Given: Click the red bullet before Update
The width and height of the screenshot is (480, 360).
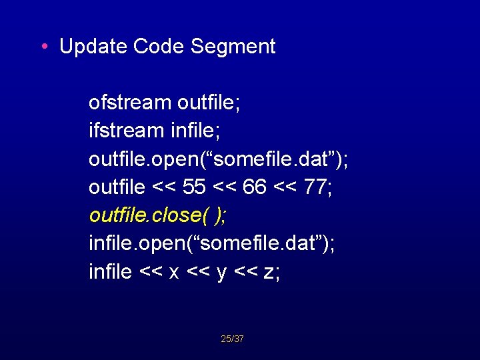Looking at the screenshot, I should point(43,47).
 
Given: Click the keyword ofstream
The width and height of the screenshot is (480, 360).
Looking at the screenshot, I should point(130,103).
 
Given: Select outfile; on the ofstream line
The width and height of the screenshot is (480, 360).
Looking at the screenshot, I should point(209,103).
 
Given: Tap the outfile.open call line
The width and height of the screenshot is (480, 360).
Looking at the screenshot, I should point(219,159).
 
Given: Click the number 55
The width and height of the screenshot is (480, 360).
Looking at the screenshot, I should point(194,187).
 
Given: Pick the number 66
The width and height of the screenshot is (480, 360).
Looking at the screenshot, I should point(255,187).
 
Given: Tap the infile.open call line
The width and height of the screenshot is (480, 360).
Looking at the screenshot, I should point(212,243).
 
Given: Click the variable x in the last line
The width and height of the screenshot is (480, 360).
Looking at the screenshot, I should point(173,273).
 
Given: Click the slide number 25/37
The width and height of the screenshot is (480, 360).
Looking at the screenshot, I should point(232,339).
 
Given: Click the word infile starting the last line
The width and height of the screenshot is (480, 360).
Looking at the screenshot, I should point(110,272).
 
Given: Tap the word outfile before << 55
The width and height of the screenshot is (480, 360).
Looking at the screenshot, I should point(117,187).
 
